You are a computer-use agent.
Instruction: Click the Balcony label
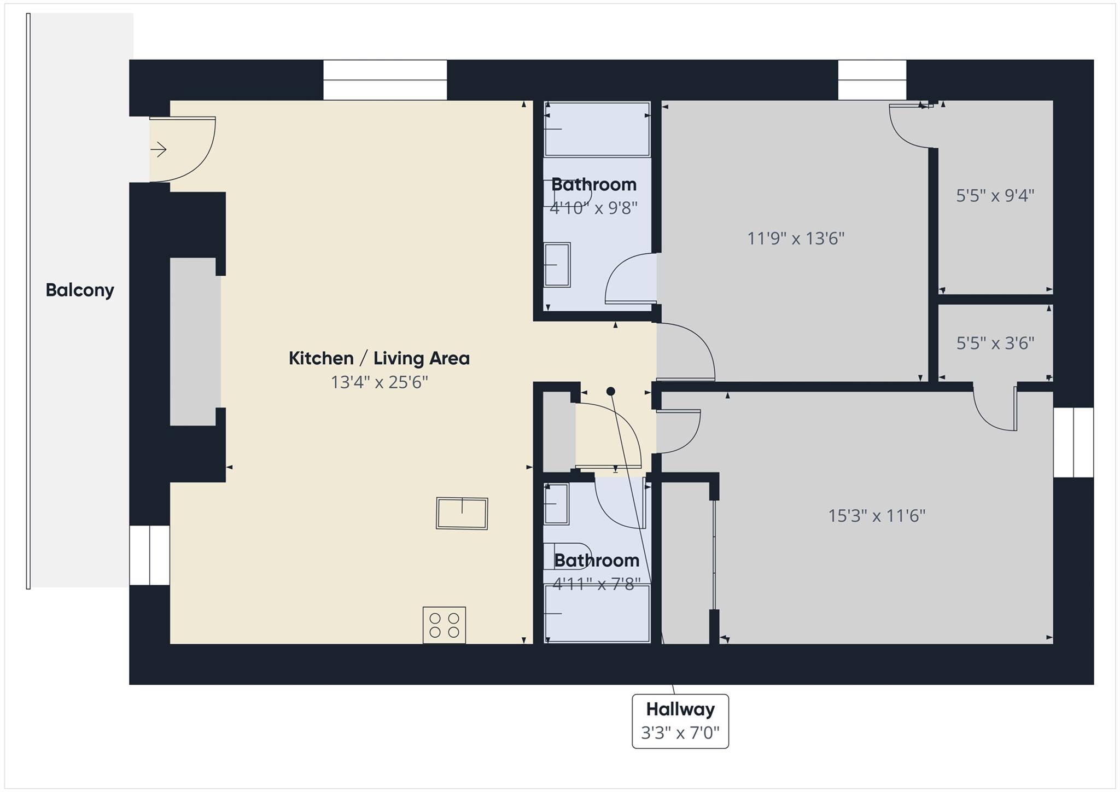click(80, 290)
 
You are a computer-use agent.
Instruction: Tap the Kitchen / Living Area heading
click(379, 358)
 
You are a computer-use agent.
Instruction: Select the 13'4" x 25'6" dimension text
click(379, 382)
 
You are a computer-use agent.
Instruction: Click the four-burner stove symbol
click(444, 625)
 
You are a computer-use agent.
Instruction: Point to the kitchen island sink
click(462, 513)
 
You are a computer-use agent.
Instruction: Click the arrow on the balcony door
click(159, 149)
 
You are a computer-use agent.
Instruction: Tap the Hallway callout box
click(680, 721)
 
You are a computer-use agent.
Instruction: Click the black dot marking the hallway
click(611, 391)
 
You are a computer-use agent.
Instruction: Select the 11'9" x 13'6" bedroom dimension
click(796, 238)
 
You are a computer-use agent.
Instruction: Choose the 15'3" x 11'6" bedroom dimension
click(877, 516)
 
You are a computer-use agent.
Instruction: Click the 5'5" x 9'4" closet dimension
click(995, 195)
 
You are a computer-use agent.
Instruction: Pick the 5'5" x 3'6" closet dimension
click(995, 343)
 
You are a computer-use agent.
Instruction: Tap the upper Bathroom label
click(593, 184)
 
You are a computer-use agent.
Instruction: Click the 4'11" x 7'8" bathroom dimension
click(596, 584)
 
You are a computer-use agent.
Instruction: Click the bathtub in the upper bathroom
click(597, 130)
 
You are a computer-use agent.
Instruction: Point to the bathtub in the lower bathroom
click(597, 613)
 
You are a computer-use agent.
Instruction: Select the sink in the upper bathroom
click(557, 265)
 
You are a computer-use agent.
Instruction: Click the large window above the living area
click(385, 80)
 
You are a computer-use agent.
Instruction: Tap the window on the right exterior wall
click(1073, 442)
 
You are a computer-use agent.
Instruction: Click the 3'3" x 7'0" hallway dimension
click(680, 732)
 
